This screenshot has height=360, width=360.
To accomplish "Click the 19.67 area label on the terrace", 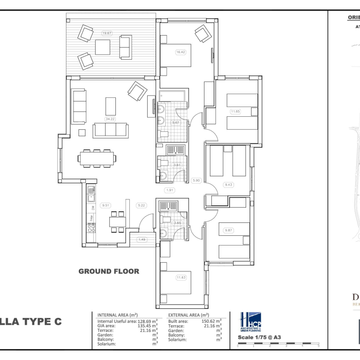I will coord(107,33).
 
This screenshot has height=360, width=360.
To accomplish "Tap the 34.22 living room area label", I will coord(110,119).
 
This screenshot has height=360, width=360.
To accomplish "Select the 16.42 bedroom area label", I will coord(180,52).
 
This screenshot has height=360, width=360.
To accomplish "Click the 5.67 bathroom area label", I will coord(175,123).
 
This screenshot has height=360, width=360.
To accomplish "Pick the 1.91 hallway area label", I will coord(169,190).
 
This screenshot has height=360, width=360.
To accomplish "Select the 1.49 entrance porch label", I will coord(142,239).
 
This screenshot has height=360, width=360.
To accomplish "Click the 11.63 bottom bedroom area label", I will coord(180,277).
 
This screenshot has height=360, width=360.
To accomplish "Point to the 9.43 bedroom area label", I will coord(228,185).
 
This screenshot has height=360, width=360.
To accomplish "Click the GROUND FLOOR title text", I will coord(108,271).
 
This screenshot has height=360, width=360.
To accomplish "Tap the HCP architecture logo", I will coord(251,322).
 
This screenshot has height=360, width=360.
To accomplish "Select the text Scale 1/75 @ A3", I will coord(259,337).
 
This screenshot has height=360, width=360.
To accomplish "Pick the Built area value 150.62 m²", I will coord(211,320).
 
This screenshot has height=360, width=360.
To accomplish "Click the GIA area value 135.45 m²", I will coord(148,325).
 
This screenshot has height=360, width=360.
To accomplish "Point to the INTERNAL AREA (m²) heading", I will coord(117,314).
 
